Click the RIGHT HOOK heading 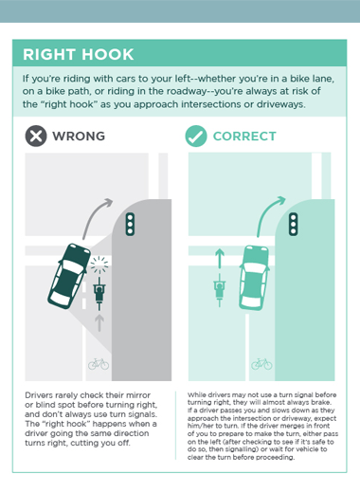pos(79,54)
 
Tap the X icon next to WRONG pos(36,136)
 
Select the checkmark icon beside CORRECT pos(196,136)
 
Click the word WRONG pos(79,137)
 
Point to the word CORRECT pos(244,137)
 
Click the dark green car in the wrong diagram pos(69,276)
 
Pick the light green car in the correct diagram pos(254,278)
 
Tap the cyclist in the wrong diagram pos(99,294)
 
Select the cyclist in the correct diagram pos(220,290)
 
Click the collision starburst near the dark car pos(99,265)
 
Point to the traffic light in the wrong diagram pos(130,224)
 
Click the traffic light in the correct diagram pos(294,224)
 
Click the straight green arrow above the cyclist pos(220,258)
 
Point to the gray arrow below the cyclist pos(99,322)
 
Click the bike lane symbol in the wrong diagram pos(99,364)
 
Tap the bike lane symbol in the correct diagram pos(261,364)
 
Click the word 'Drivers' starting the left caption pos(39,395)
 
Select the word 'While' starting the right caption pos(197,394)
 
